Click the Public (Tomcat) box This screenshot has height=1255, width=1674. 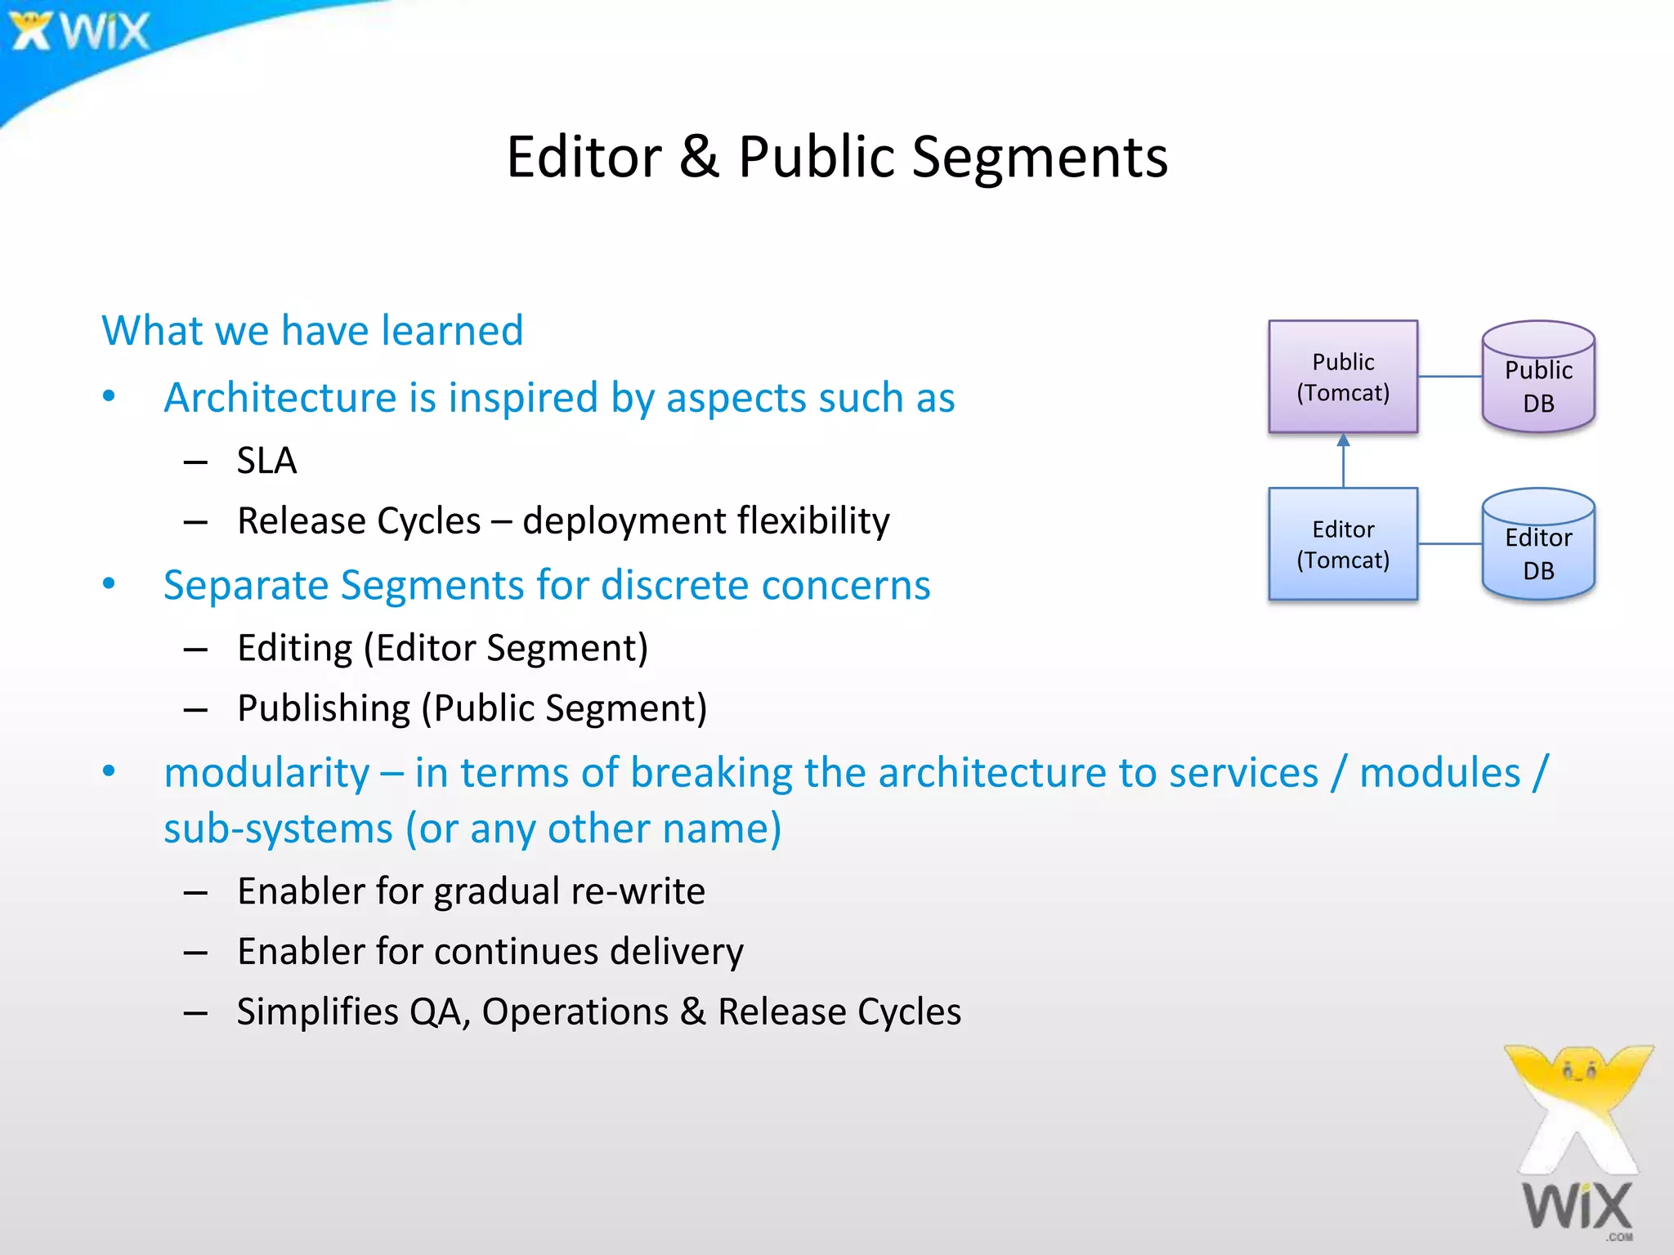point(1342,377)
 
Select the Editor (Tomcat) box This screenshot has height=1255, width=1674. point(1342,544)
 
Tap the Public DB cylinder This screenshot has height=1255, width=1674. point(1538,378)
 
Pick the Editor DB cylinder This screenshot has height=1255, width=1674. point(1538,546)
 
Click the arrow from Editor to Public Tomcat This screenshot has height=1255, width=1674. point(1343,461)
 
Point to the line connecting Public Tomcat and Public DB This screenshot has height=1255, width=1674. point(1450,377)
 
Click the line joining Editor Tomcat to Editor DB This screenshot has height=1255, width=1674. point(1450,544)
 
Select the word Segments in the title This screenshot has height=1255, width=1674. point(1039,158)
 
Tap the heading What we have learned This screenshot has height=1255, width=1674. point(312,331)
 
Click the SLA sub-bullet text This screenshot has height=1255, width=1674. point(266,461)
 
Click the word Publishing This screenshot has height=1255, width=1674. point(324,708)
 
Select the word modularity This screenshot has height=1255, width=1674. point(266,773)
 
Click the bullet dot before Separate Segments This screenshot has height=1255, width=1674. point(109,584)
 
